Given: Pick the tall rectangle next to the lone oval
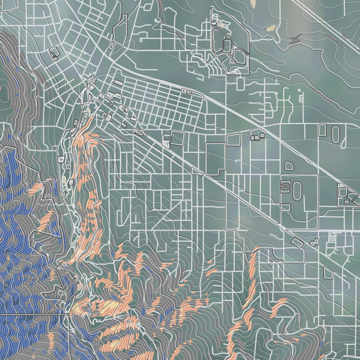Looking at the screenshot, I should [322, 129].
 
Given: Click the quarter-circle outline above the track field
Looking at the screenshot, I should [289, 165].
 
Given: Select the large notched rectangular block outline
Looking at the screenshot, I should [216, 157].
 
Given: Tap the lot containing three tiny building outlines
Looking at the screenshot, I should [257, 136].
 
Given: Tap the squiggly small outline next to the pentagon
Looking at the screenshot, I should [314, 243].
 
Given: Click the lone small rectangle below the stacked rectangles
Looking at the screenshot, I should [286, 207].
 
